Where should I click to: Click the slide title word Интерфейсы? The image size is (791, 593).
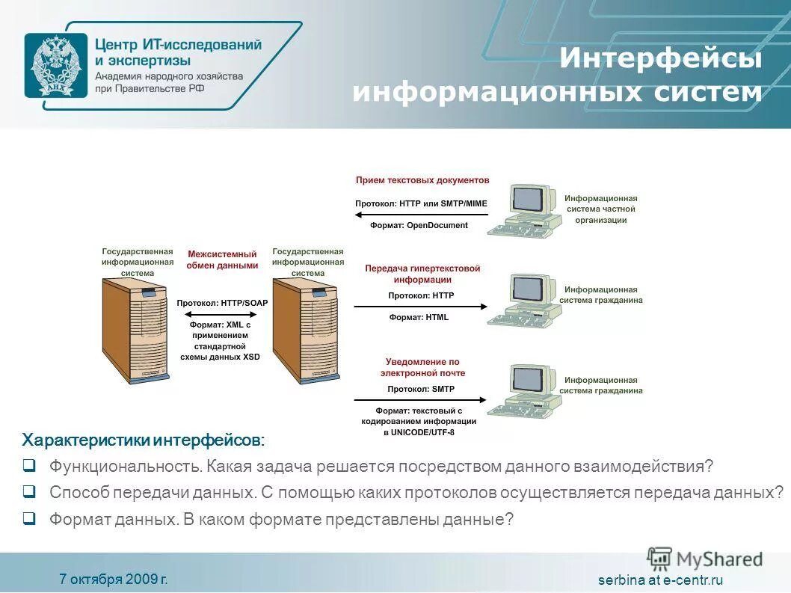tap(661, 59)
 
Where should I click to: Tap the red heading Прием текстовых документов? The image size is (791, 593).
tap(422, 180)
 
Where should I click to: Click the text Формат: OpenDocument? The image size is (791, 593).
tap(419, 225)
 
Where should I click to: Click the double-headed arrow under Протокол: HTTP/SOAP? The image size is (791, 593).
tap(222, 313)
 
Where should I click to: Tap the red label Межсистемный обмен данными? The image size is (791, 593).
tap(222, 259)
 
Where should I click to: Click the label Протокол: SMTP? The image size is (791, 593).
tap(420, 389)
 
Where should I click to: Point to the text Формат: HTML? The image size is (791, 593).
tap(419, 317)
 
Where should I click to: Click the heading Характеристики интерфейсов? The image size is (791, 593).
tap(143, 439)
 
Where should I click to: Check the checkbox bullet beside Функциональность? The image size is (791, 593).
tap(29, 466)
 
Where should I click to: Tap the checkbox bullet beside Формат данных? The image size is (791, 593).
tap(29, 517)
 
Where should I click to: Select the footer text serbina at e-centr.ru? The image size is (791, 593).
tap(661, 580)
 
